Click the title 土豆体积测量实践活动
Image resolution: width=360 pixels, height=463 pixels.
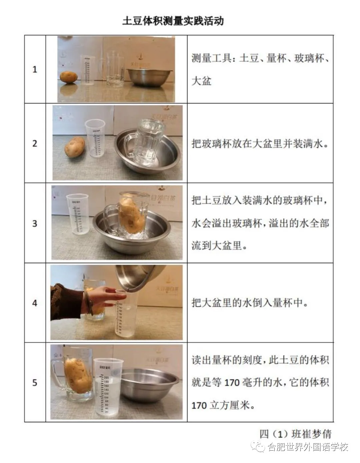point(173,21)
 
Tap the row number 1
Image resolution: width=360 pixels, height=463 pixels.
point(35,69)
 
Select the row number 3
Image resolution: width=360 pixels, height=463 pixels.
point(35,223)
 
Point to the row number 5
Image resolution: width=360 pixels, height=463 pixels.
point(35,383)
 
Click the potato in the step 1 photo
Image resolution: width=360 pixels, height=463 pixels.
point(69,77)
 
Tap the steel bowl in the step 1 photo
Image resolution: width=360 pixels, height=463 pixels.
point(149,77)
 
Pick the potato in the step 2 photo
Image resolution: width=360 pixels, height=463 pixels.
point(75,147)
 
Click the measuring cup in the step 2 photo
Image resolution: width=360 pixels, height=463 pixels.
point(95,138)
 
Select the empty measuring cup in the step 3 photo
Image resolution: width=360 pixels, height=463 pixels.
point(77,214)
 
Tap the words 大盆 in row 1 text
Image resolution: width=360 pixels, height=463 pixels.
point(201,81)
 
